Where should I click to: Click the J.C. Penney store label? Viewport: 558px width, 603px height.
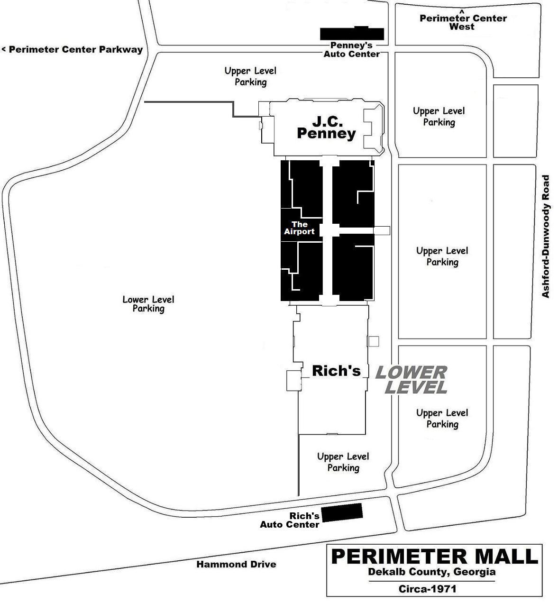pos(326,127)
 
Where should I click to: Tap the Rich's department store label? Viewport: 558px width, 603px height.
pos(336,371)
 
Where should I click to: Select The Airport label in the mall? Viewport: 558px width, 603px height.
pos(299,228)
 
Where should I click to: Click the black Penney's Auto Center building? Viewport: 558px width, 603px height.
pos(352,34)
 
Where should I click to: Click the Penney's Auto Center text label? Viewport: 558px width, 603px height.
pos(351,50)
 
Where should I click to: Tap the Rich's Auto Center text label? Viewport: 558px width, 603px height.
pos(290,520)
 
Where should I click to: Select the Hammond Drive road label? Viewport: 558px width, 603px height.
pos(236,564)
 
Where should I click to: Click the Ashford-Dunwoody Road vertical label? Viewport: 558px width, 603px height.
pos(546,236)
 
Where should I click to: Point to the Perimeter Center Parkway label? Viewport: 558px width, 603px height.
pos(73,49)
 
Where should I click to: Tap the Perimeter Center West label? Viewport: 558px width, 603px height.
pos(463,22)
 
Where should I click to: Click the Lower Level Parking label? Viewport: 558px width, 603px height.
pos(148,304)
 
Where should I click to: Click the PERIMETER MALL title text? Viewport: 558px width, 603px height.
pos(434,557)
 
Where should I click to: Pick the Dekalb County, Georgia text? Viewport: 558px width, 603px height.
pos(432,572)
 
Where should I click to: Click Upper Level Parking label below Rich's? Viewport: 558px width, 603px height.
pos(343,462)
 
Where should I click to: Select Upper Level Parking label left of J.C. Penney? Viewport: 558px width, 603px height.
pos(250,76)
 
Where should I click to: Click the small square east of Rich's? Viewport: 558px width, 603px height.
pos(374,341)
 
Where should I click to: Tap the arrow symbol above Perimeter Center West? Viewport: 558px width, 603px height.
pos(462,11)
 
